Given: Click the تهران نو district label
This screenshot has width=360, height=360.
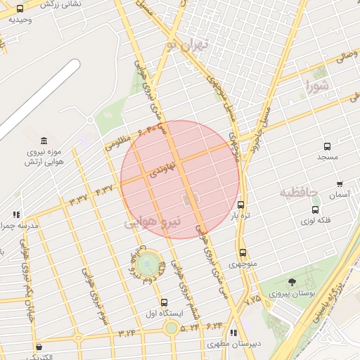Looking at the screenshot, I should pos(188,46).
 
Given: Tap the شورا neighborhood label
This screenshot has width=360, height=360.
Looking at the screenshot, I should pos(316,87).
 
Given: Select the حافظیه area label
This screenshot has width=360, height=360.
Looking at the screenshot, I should pos(299,192).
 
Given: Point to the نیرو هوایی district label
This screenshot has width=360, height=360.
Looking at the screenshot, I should pos(153,222).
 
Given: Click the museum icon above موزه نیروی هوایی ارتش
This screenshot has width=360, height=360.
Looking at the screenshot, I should pos(44,141).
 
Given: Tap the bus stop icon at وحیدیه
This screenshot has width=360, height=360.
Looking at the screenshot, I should pos(19,9).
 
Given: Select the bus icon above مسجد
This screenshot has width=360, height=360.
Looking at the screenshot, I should pos(327,146).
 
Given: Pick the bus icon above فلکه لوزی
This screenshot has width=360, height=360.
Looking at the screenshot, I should pos(315,209).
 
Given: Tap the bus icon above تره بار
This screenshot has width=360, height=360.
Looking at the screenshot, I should pos(241,205).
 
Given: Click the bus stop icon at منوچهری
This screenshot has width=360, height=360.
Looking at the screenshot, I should pos(243,252).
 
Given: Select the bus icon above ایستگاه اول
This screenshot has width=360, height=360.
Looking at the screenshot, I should pos(163,302).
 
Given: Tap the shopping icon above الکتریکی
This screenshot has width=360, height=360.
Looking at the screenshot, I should pos(38,346).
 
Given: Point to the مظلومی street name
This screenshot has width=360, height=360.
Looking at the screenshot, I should pos(118,143).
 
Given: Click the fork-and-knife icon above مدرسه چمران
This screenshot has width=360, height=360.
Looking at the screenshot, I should pos(16,214).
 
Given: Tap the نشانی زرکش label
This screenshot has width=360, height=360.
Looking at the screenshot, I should pos(61,4).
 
